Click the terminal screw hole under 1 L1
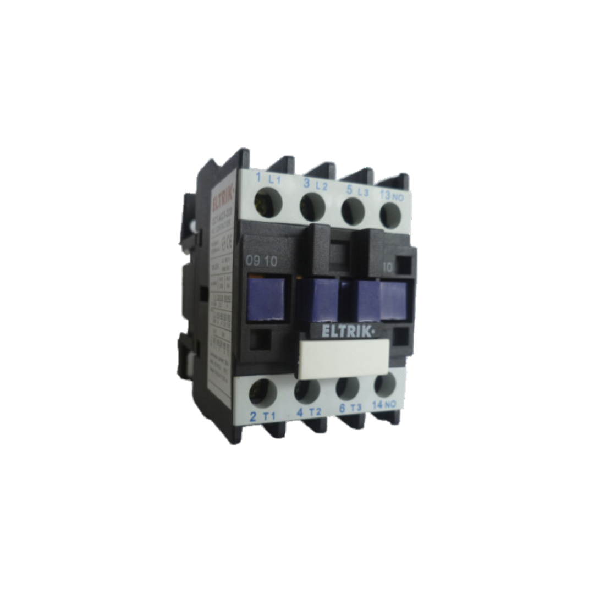point(268,202)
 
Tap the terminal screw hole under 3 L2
point(312,207)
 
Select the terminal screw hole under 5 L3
point(353,211)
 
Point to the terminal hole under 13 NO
point(391,215)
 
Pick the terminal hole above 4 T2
point(306,391)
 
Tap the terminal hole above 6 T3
point(348,388)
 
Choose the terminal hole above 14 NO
point(386,385)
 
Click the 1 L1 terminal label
point(269,178)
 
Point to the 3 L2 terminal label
point(315,185)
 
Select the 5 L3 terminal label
point(355,191)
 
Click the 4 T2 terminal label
point(308,413)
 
